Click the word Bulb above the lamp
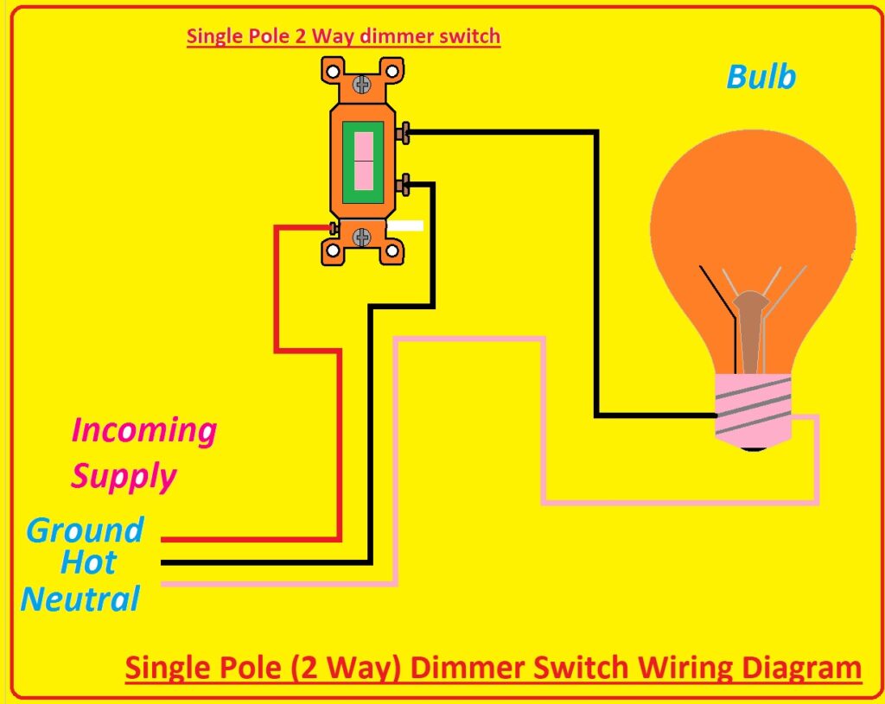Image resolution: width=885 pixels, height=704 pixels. click(761, 77)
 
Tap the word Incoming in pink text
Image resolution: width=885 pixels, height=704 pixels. click(143, 430)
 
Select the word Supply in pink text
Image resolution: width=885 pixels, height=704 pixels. click(124, 476)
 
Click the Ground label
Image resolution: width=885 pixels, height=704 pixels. click(85, 530)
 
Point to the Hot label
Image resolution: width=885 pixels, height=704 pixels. click(88, 563)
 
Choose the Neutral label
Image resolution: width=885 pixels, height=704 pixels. click(80, 599)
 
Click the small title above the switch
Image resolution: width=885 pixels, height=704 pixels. click(343, 37)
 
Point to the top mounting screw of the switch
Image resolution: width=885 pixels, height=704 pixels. click(363, 85)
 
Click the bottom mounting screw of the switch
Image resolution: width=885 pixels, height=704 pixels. click(363, 236)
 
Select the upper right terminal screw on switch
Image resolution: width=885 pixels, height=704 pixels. click(403, 133)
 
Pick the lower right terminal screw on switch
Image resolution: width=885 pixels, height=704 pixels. click(403, 184)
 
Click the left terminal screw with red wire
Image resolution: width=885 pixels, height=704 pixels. click(332, 228)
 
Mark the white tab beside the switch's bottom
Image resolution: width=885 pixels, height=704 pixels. click(405, 226)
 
